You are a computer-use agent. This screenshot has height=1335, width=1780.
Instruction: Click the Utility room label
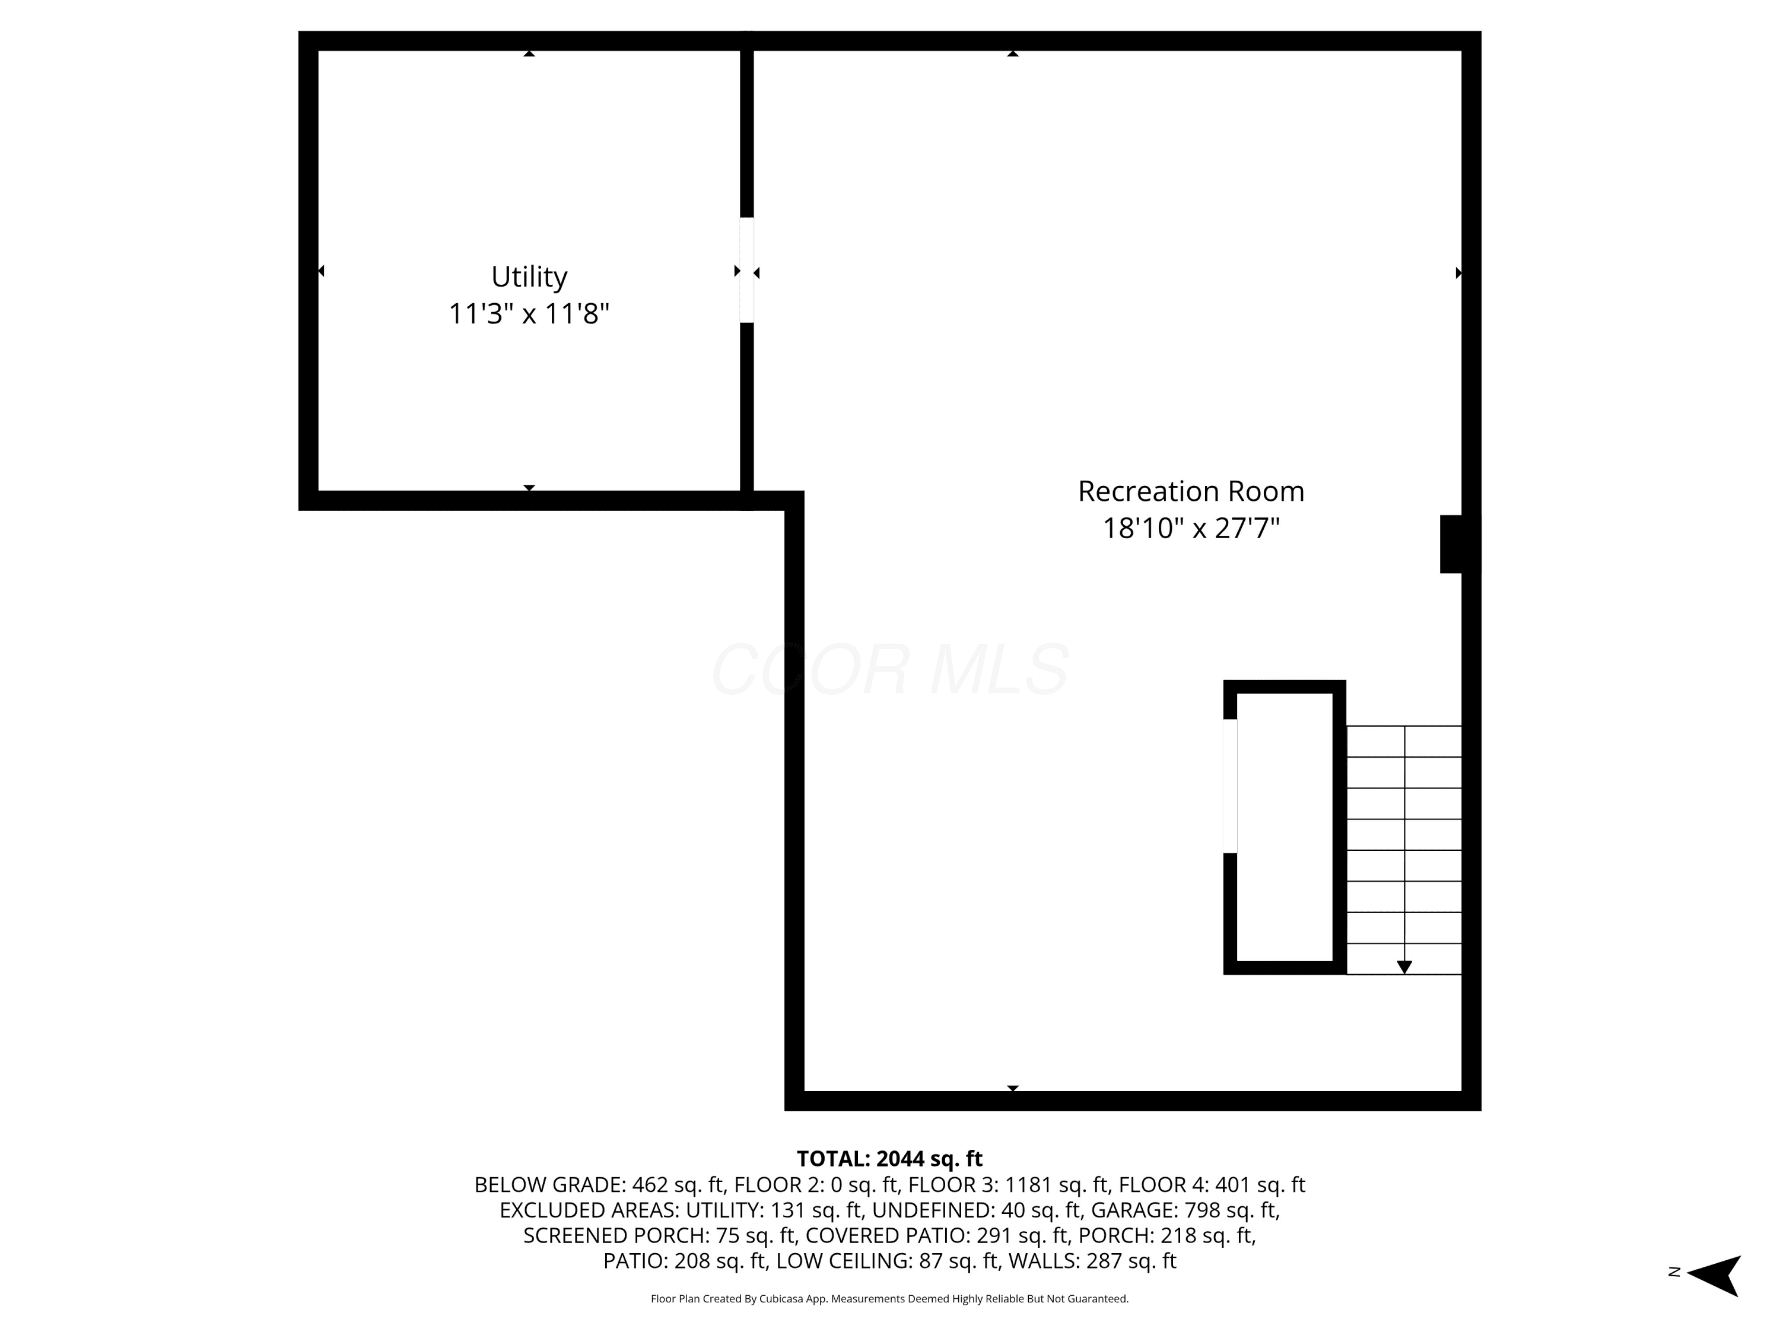click(529, 277)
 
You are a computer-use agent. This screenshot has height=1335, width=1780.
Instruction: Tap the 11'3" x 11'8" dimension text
click(529, 313)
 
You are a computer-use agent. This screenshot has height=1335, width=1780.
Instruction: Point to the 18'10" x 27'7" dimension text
click(1191, 528)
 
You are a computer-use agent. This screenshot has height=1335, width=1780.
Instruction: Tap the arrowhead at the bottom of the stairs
click(1404, 967)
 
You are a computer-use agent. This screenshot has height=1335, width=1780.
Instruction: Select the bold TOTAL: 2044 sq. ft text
click(889, 1159)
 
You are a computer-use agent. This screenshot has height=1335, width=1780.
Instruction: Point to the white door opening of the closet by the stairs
click(1229, 786)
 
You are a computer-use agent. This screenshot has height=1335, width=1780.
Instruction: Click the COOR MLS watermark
click(890, 669)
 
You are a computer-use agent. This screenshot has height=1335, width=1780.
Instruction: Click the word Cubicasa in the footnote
click(781, 1299)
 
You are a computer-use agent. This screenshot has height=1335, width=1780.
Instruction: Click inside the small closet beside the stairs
click(1285, 827)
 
